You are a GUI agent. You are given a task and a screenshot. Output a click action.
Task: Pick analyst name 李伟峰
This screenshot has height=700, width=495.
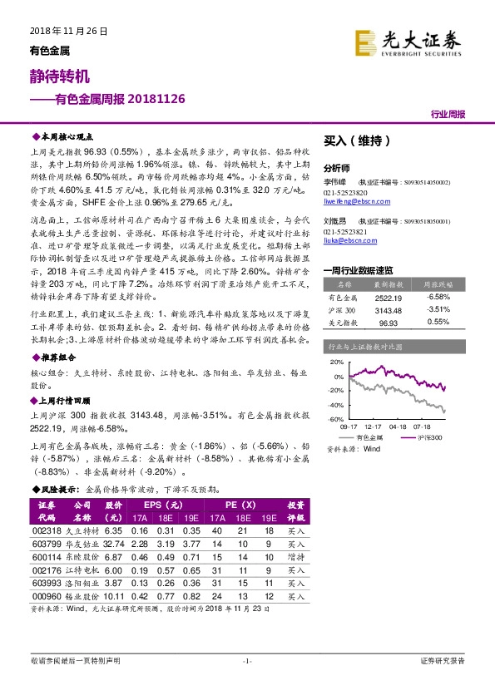click(334, 181)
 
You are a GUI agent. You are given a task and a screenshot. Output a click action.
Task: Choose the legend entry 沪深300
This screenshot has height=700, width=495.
click(429, 436)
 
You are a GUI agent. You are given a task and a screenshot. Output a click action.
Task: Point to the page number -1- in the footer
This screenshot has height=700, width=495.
click(246, 661)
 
